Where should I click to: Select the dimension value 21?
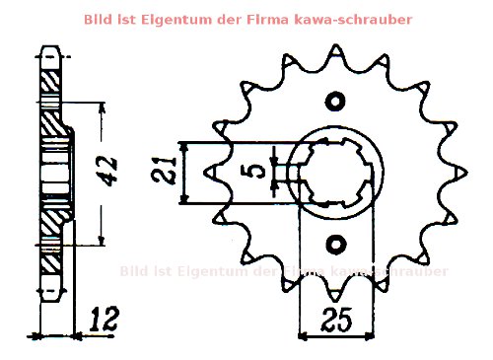169,173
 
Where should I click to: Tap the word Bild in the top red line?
99,19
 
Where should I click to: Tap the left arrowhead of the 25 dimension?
303,336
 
